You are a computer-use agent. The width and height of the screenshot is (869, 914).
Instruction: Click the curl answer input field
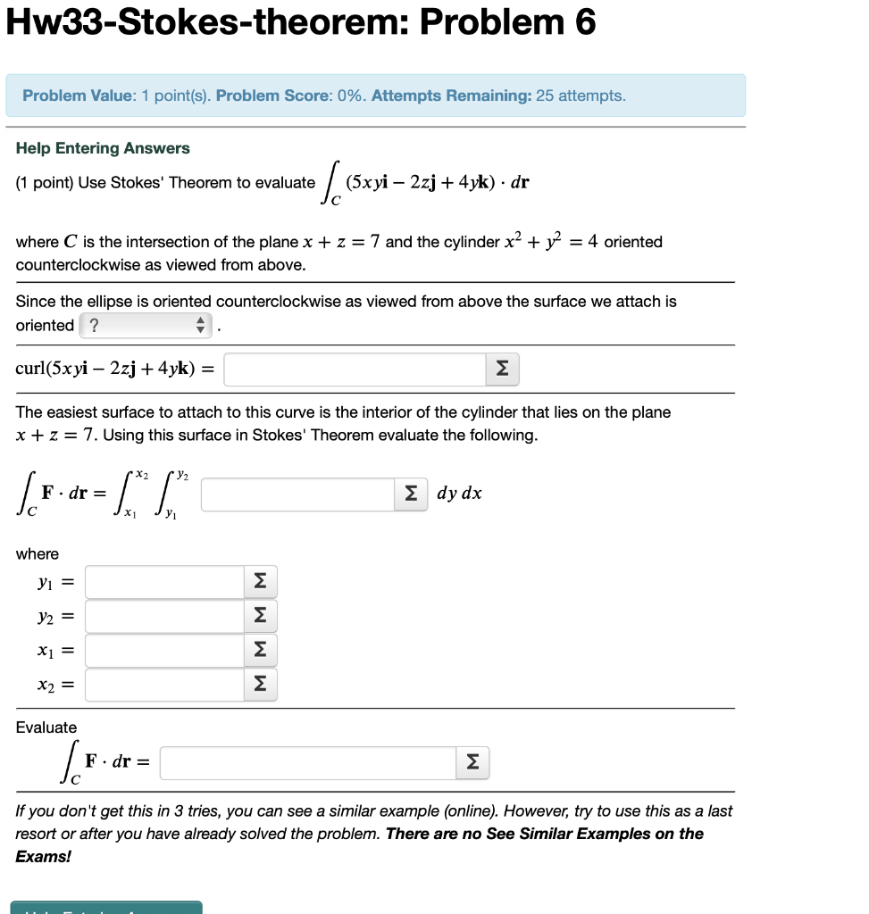point(355,370)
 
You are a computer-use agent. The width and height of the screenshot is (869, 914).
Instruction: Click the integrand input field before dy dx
point(297,494)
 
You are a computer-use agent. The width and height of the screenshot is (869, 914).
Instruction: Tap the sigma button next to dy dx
point(410,494)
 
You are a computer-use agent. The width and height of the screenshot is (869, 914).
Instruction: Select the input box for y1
point(164,582)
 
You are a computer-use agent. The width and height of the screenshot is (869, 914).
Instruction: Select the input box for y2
point(164,616)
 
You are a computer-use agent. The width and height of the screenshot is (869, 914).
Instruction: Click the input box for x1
point(164,651)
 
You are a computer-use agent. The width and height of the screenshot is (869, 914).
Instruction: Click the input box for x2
point(164,685)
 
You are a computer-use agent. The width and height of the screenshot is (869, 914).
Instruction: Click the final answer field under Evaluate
point(308,762)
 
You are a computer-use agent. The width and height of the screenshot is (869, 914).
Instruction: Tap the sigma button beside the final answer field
point(472,762)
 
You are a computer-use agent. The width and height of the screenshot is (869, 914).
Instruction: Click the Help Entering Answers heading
point(103,148)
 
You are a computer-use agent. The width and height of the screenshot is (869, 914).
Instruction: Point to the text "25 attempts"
point(580,96)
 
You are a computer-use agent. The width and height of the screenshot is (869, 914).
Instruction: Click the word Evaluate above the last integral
point(46,727)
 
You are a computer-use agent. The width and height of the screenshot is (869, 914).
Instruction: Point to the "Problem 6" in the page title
point(507,22)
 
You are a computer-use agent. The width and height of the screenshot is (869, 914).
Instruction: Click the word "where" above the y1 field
point(38,554)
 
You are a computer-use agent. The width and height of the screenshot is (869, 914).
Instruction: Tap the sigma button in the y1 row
point(260,582)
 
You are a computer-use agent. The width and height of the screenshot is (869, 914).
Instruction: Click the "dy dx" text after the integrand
point(459,494)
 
